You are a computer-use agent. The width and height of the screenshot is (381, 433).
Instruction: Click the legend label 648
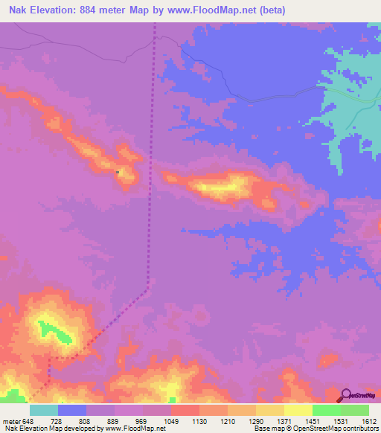click(29, 421)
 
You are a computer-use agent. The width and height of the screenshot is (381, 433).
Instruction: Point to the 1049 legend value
click(171, 421)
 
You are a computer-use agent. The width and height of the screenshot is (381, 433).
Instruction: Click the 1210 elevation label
click(228, 421)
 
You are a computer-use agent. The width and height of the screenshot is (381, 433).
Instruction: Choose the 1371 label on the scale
click(284, 421)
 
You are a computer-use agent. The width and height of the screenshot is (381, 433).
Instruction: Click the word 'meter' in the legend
click(10, 421)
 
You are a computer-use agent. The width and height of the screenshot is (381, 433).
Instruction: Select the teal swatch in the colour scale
click(44, 410)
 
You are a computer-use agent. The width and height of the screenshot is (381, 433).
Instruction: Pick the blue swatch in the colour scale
click(72, 410)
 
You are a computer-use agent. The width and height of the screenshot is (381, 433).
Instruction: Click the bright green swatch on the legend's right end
click(355, 410)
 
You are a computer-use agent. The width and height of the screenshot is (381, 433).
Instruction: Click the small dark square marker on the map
click(118, 173)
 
